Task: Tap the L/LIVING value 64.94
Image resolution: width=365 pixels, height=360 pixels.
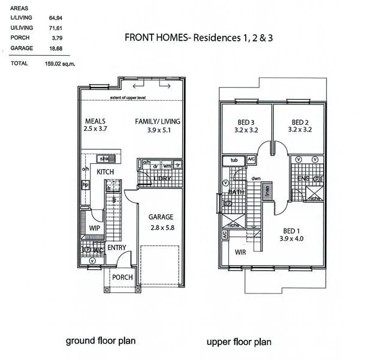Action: point(56,19)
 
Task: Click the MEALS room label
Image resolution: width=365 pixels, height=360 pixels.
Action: point(95,121)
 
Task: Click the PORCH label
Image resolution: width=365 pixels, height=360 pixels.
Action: point(122,277)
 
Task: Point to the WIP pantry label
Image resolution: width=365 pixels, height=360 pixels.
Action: point(94,229)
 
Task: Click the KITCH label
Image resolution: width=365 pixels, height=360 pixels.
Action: point(105,172)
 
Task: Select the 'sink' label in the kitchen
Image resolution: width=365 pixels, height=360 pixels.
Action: point(104,158)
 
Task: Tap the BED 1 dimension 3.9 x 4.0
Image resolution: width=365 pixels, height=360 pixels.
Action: point(292,239)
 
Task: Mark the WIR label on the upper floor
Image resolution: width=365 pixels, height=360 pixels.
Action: point(241,252)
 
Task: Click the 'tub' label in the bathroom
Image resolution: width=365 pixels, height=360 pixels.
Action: point(234,160)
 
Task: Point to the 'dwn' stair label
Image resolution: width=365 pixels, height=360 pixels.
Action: point(256,178)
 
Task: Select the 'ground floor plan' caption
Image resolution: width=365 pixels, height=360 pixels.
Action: point(100,341)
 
